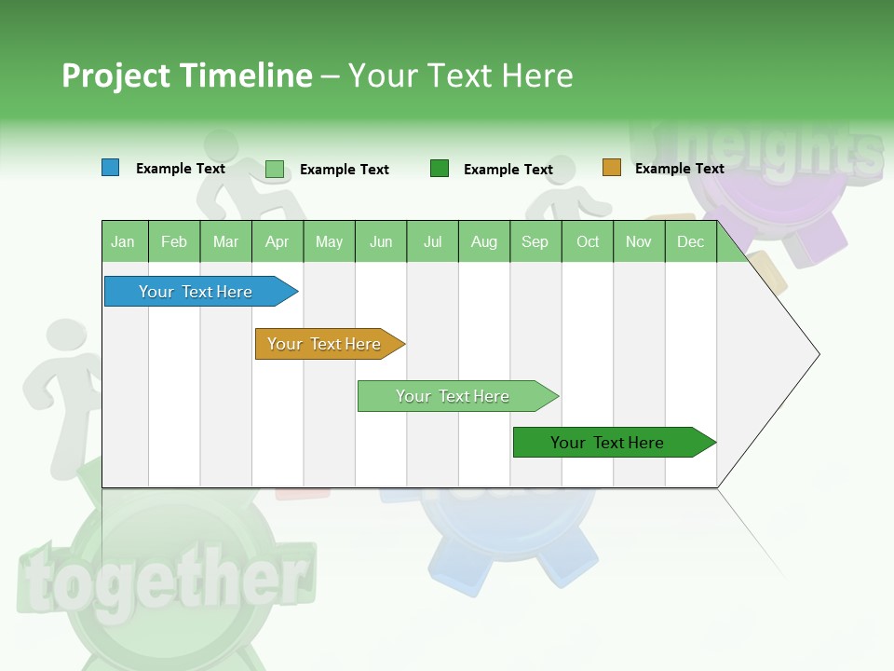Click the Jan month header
click(123, 241)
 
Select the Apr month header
click(277, 241)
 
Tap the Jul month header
click(432, 241)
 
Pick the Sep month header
click(535, 241)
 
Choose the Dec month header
click(690, 241)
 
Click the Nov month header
click(638, 241)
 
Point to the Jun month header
click(381, 241)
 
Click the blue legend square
click(111, 168)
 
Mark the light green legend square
click(275, 169)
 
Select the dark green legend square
click(440, 169)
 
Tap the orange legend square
click(612, 168)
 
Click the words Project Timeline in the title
click(186, 75)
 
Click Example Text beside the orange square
click(679, 169)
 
